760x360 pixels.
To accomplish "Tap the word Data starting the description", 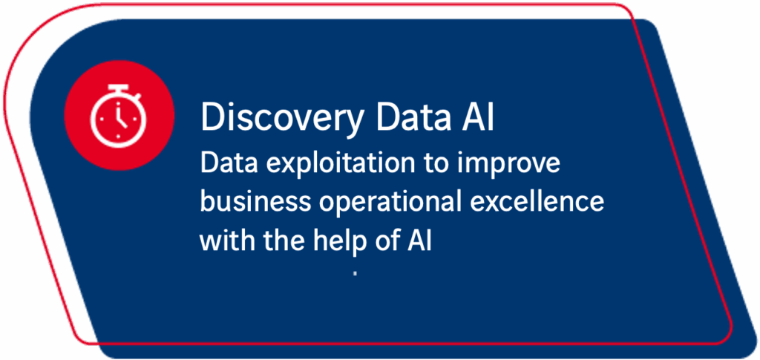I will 225,163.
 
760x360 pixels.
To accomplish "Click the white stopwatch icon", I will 119,115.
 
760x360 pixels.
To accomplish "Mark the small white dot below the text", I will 356,275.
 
